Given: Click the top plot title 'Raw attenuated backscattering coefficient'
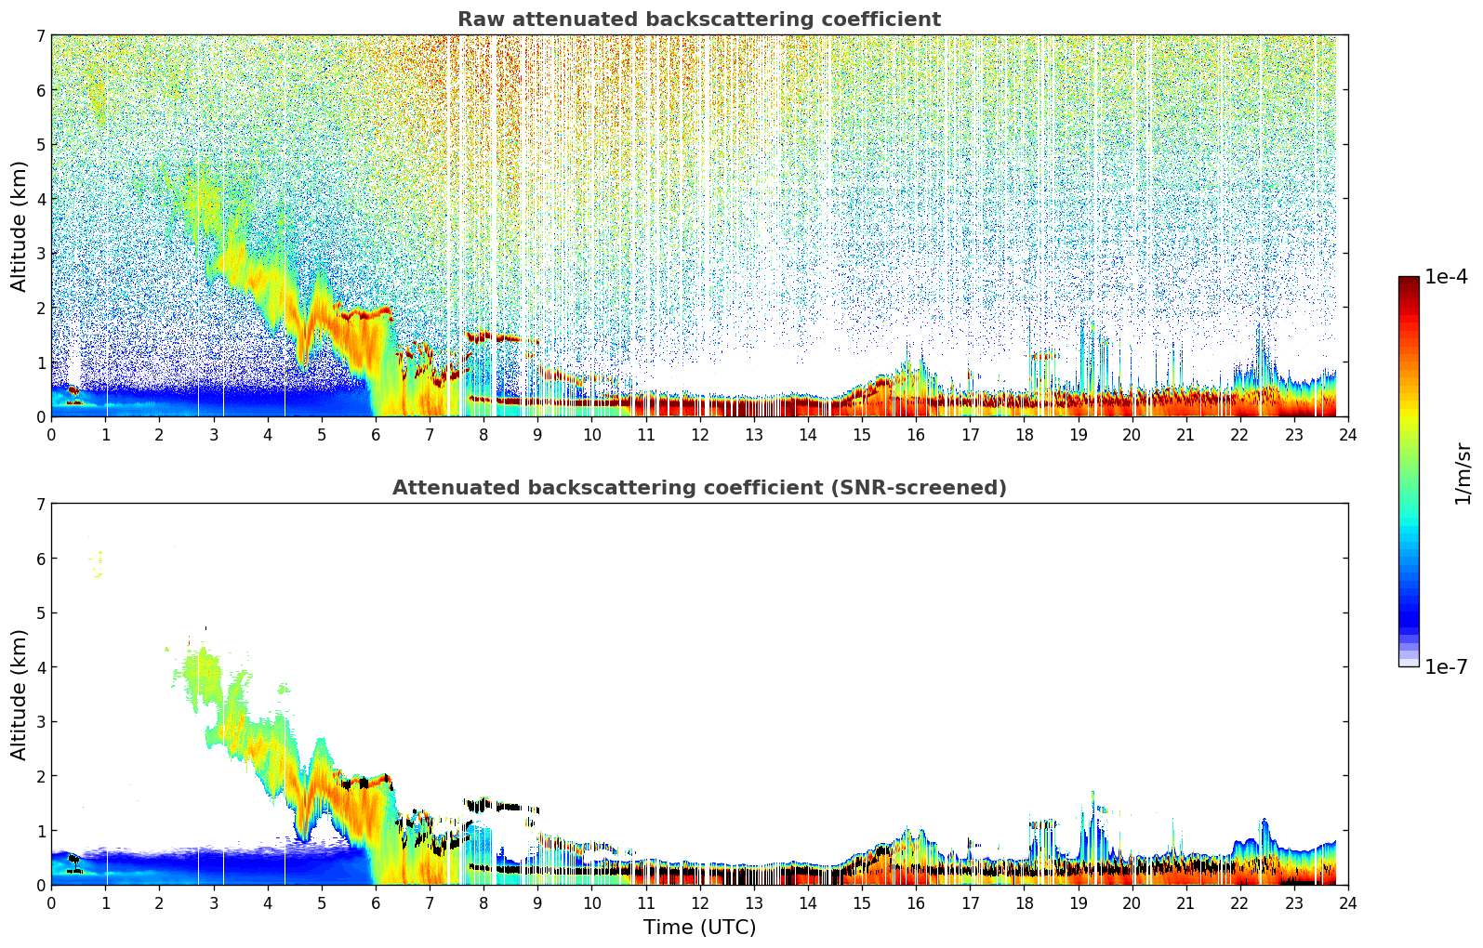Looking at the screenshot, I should pos(698,20).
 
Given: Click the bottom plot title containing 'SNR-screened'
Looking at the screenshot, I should pos(698,488).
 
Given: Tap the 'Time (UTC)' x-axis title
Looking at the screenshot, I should pos(699,928).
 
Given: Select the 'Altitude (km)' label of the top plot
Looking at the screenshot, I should pos(20,226).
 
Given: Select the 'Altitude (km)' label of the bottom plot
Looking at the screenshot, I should pos(20,694).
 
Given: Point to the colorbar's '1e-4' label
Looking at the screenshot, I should pos(1446,277).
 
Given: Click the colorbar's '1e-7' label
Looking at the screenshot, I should pos(1446,666).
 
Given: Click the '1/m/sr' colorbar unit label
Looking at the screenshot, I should pos(1463,473).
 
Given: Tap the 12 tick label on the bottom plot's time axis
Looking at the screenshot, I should pos(699,903).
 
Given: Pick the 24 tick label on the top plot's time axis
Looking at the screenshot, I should pos(1347,435).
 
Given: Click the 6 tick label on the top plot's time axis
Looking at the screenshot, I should pos(376,435).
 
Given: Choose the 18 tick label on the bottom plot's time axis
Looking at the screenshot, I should pos(1024,903).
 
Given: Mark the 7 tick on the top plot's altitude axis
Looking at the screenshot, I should pos(40,35).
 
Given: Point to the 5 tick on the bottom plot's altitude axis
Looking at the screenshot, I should pos(40,612).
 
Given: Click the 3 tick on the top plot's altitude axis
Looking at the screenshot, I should pos(40,253).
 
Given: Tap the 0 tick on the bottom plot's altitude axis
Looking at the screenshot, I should pos(40,885).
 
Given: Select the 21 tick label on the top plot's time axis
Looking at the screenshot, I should pos(1185,435).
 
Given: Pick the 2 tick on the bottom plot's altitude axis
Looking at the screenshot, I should pos(40,776).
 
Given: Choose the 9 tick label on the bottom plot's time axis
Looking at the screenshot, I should pos(537,903).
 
